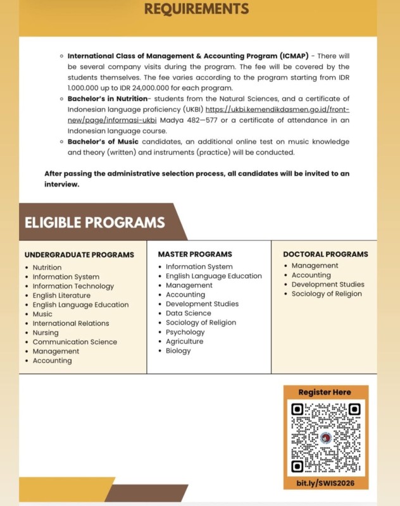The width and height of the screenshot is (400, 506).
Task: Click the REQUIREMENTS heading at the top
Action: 196,9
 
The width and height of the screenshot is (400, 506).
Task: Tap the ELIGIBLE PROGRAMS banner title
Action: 95,222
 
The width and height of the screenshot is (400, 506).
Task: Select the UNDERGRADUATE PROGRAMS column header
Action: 79,255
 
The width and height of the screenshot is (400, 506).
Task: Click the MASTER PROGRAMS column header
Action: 195,254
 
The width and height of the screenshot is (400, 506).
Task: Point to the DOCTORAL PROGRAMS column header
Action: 325,254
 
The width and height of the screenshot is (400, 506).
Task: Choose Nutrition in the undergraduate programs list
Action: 47,268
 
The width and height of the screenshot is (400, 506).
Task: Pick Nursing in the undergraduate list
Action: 46,333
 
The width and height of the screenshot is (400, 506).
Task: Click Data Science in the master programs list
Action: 189,313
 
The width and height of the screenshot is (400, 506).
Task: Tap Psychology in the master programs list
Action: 185,332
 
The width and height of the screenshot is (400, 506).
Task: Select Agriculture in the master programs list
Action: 185,342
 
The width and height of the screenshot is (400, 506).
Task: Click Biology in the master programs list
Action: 178,351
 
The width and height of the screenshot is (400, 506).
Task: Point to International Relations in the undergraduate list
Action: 71,323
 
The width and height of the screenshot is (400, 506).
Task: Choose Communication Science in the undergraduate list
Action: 75,342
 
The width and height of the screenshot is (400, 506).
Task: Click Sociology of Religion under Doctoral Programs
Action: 327,293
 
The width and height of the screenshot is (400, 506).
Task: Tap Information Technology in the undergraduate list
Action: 73,286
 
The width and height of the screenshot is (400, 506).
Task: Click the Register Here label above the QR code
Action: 325,392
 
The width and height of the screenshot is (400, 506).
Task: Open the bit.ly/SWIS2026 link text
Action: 325,483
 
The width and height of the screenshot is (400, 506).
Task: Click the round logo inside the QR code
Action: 325,438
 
